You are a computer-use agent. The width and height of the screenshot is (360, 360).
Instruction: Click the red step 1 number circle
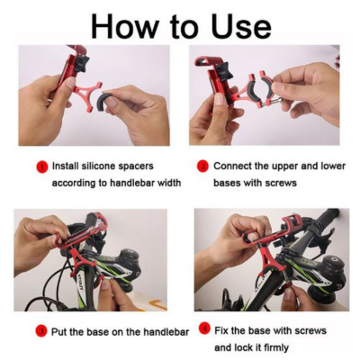tap(42, 166)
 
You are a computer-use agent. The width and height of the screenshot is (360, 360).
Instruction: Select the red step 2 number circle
tap(203, 166)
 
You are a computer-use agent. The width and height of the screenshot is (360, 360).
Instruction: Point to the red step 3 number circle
tap(41, 331)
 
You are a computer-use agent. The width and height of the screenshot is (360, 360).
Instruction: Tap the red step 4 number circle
tap(205, 329)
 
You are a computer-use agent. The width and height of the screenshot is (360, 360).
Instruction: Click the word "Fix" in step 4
tap(221, 330)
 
